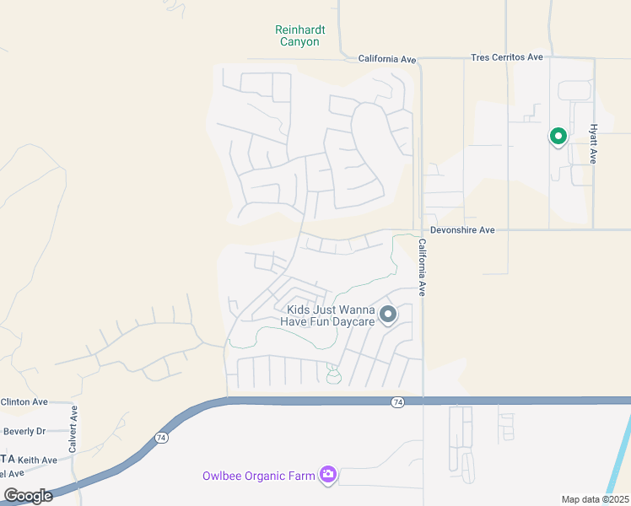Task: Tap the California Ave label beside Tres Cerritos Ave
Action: (387, 59)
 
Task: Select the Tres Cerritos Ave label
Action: (506, 57)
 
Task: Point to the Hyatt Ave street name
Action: (593, 144)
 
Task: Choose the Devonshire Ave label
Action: (462, 230)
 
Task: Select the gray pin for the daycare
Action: (388, 315)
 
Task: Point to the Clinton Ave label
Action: (24, 402)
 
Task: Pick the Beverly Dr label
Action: (24, 431)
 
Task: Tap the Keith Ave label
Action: (38, 460)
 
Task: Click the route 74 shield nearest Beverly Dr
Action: (161, 438)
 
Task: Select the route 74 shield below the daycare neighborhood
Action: (396, 402)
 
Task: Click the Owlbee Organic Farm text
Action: (258, 476)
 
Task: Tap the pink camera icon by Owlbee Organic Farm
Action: (328, 476)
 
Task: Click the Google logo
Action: (28, 496)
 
